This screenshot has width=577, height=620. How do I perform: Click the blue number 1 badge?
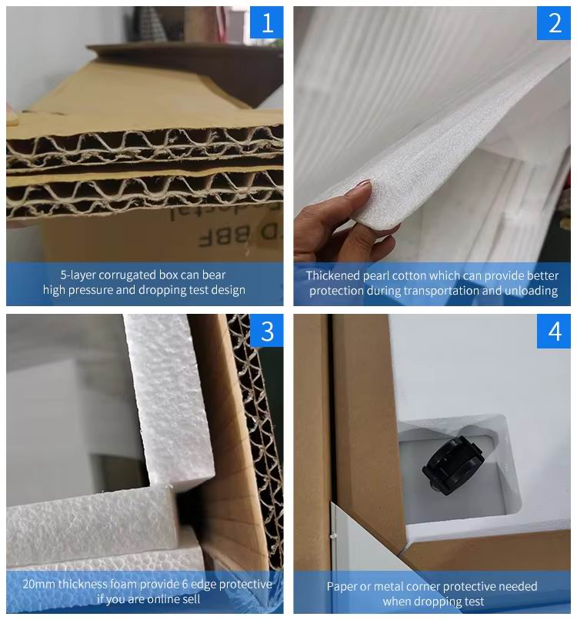click(x=266, y=22)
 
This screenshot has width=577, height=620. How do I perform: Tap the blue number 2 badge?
click(x=554, y=23)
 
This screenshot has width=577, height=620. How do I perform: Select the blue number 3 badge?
click(x=266, y=331)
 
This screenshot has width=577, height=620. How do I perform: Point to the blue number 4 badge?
click(x=554, y=332)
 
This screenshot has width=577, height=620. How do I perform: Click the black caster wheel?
click(x=453, y=465)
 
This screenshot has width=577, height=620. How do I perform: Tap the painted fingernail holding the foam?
click(x=363, y=184)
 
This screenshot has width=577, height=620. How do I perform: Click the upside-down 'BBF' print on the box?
click(x=224, y=237)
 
